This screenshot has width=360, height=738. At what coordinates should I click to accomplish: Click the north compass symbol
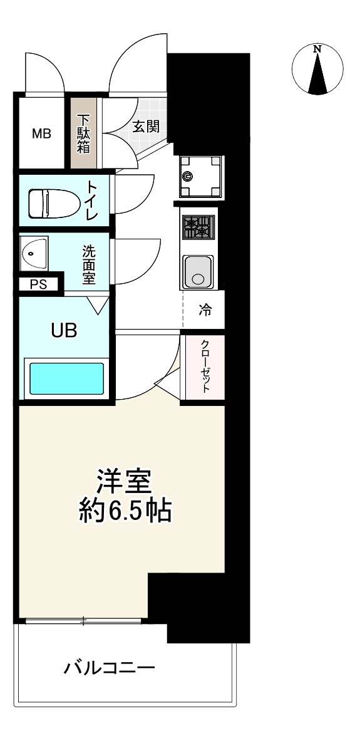coord(319,69)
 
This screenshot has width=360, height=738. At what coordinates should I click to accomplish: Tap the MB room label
coord(42,133)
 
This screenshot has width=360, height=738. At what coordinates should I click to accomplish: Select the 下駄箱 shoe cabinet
coord(83,133)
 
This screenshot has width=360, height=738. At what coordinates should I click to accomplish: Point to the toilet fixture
coord(51,202)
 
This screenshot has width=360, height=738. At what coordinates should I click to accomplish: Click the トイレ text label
coord(92,201)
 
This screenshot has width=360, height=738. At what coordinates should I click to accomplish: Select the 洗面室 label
coord(88,264)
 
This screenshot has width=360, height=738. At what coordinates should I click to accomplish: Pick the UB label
coord(64,331)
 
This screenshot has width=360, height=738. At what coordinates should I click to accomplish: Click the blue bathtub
coord(66,378)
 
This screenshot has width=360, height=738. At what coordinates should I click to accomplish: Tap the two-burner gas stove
coord(198,227)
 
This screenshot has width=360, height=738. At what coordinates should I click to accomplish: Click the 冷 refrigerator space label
coord(205,309)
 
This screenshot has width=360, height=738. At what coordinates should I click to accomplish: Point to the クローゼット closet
coord(203,366)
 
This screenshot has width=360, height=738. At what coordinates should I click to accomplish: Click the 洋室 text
coord(123,483)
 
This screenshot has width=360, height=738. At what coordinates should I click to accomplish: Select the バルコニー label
coord(109,668)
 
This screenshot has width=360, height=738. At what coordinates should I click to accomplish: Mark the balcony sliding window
coord(83,621)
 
